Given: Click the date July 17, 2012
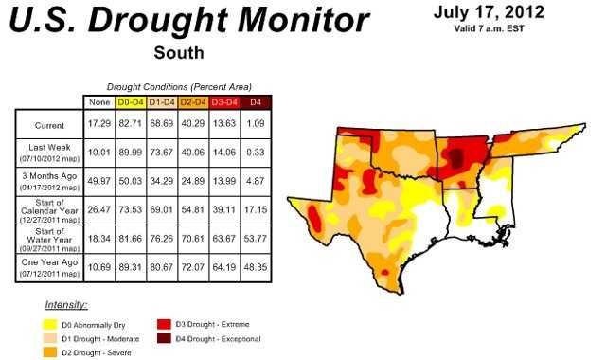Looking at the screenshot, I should pos(489,13).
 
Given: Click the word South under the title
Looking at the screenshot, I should pos(179,53).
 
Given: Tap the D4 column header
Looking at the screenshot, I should pos(255,100).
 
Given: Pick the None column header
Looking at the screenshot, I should pos(98,100).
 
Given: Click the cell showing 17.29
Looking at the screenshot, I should pos(98,123).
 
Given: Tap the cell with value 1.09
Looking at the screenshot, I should pos(255,123).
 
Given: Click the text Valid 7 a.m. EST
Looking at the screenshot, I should pos(490,30).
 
